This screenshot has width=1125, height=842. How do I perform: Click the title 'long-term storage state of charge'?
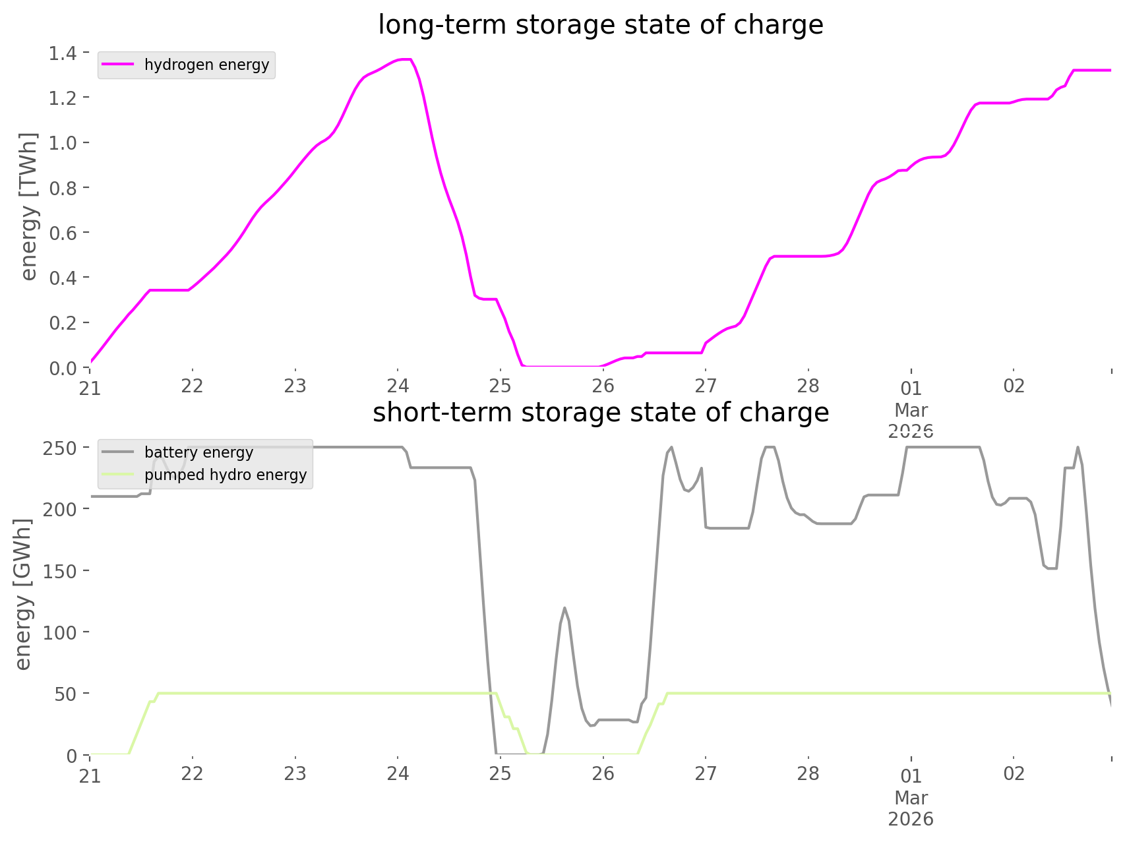point(600,25)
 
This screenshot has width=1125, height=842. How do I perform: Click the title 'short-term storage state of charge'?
point(600,413)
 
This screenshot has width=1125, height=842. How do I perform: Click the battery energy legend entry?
point(198,452)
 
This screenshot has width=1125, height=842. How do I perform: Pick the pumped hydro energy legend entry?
point(225,475)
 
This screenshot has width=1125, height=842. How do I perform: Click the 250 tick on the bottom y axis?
point(59,448)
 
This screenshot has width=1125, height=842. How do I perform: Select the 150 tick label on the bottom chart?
point(59,571)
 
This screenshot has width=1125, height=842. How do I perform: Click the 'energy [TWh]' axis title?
point(28,206)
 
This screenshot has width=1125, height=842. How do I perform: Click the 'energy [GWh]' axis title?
point(23,594)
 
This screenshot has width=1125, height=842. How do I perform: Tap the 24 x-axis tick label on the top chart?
point(398,386)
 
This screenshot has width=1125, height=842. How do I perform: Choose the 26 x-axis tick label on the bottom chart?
point(603,773)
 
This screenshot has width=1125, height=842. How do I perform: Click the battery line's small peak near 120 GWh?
point(564,607)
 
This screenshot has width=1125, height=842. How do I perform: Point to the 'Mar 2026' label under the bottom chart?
point(911,808)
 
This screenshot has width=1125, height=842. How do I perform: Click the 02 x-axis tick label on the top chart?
point(1014,386)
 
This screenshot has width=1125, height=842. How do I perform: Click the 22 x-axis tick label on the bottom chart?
point(193,773)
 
